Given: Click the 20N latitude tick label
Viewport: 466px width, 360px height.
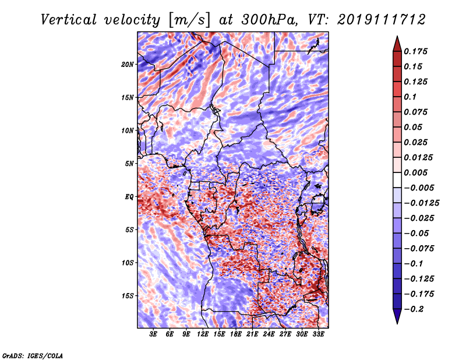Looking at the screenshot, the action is tap(128, 65).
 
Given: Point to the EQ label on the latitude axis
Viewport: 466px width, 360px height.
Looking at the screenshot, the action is tap(129, 197).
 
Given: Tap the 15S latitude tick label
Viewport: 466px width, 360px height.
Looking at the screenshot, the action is tap(128, 296).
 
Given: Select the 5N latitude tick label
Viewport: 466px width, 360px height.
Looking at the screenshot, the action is tap(129, 164).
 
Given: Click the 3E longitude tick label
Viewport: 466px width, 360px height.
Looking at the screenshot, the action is tap(153, 334).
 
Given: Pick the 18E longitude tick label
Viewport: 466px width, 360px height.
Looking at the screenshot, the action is tap(236, 334).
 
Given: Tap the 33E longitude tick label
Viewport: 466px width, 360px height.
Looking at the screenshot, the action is tap(318, 334).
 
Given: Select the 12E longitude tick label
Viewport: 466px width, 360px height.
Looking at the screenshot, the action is tap(203, 334).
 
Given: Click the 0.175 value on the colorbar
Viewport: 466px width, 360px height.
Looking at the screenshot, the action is tap(415, 51).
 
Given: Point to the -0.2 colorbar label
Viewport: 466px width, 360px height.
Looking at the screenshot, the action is tap(414, 309).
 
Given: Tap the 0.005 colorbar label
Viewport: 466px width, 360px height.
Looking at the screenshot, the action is tap(415, 172).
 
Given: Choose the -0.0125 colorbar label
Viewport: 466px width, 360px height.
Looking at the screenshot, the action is tap(421, 203).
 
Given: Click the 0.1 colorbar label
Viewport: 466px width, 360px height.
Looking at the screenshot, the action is tap(410, 97).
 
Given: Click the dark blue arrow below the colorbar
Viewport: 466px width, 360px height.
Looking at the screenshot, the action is tap(397, 316).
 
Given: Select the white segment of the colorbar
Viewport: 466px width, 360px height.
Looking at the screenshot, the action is tap(397, 180).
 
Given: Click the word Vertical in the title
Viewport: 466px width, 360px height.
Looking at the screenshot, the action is tap(69, 20).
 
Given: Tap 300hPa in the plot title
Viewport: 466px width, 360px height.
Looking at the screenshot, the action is tap(269, 20).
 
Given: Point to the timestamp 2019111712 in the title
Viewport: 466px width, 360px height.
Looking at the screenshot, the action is tap(382, 20).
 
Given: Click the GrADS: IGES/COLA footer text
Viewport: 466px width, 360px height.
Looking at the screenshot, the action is tap(33, 355).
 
